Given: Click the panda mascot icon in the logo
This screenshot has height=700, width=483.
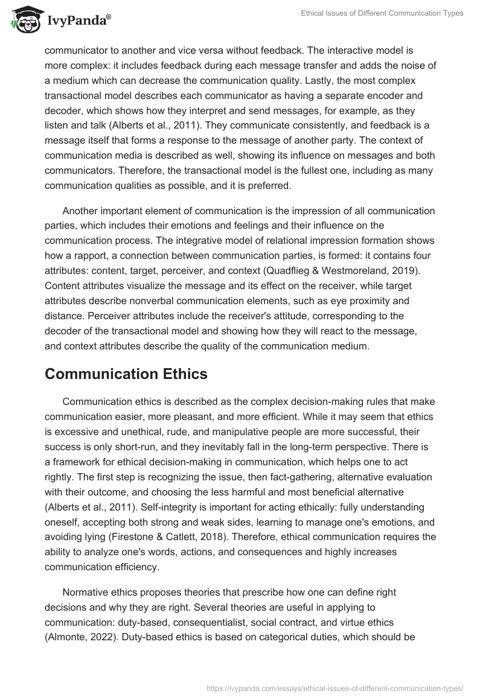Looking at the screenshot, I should click(x=23, y=21).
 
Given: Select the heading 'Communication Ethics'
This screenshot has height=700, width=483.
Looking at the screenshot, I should click(x=126, y=374).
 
